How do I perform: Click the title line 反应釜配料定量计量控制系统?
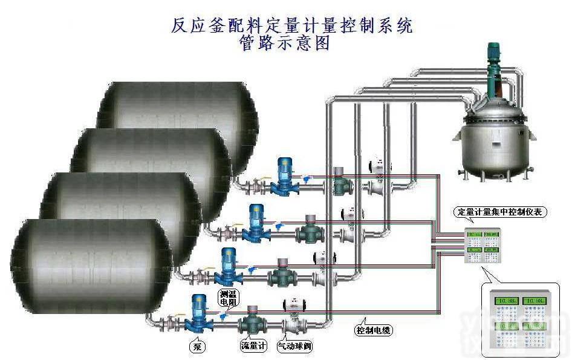pos(292,25)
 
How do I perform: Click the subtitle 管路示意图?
pos(285,44)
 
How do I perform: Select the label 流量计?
pos(253,347)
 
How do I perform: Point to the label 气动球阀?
pos(294,347)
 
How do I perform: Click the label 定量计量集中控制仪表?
pos(501,212)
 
